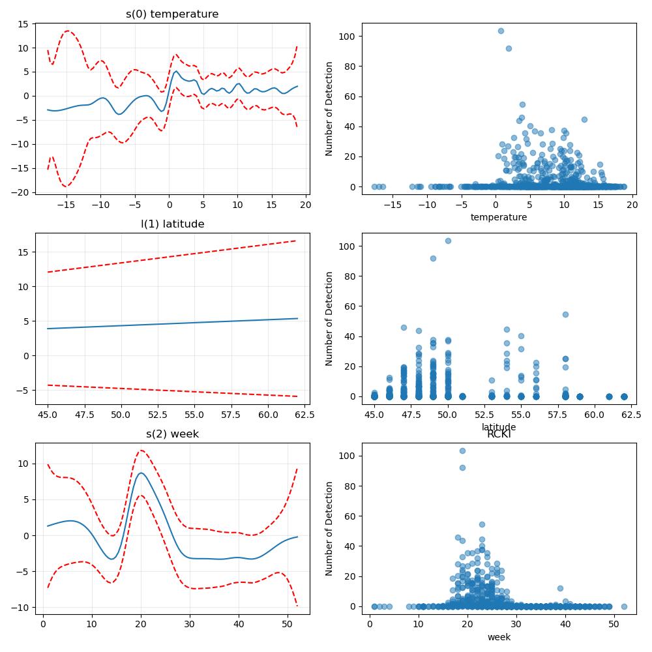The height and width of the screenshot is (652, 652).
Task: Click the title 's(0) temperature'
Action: pos(172,14)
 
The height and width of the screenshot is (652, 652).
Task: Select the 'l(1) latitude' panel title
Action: pos(172,224)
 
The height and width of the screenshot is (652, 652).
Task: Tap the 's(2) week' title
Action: pos(172,434)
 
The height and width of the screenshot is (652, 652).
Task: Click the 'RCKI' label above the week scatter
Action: pos(499,434)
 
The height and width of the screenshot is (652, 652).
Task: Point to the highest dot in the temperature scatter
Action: pos(501,31)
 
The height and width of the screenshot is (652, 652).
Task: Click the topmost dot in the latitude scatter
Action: pos(448,241)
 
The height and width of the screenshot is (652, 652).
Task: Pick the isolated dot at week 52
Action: pos(624,606)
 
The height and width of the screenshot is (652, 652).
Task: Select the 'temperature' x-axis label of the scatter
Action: pos(499,217)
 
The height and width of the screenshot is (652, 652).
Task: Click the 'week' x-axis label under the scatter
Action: pos(499,637)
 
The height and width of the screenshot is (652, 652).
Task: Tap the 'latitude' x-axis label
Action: pos(499,426)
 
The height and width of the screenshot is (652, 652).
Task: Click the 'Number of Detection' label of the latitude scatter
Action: pos(329,319)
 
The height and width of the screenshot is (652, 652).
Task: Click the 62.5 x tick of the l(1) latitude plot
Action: pos(304,415)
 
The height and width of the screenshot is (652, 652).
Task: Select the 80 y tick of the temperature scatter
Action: pos(350,67)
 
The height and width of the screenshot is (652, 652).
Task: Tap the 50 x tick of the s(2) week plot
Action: pos(287,624)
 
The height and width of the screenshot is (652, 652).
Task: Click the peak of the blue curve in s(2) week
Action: pos(141,473)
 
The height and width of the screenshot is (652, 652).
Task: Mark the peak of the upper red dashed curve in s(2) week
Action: pos(141,451)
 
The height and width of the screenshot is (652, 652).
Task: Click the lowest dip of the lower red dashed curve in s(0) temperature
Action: pos(66,186)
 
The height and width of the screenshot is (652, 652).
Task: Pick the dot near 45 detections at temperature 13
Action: pos(584,119)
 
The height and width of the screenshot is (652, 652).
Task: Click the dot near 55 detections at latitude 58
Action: pos(565,314)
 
